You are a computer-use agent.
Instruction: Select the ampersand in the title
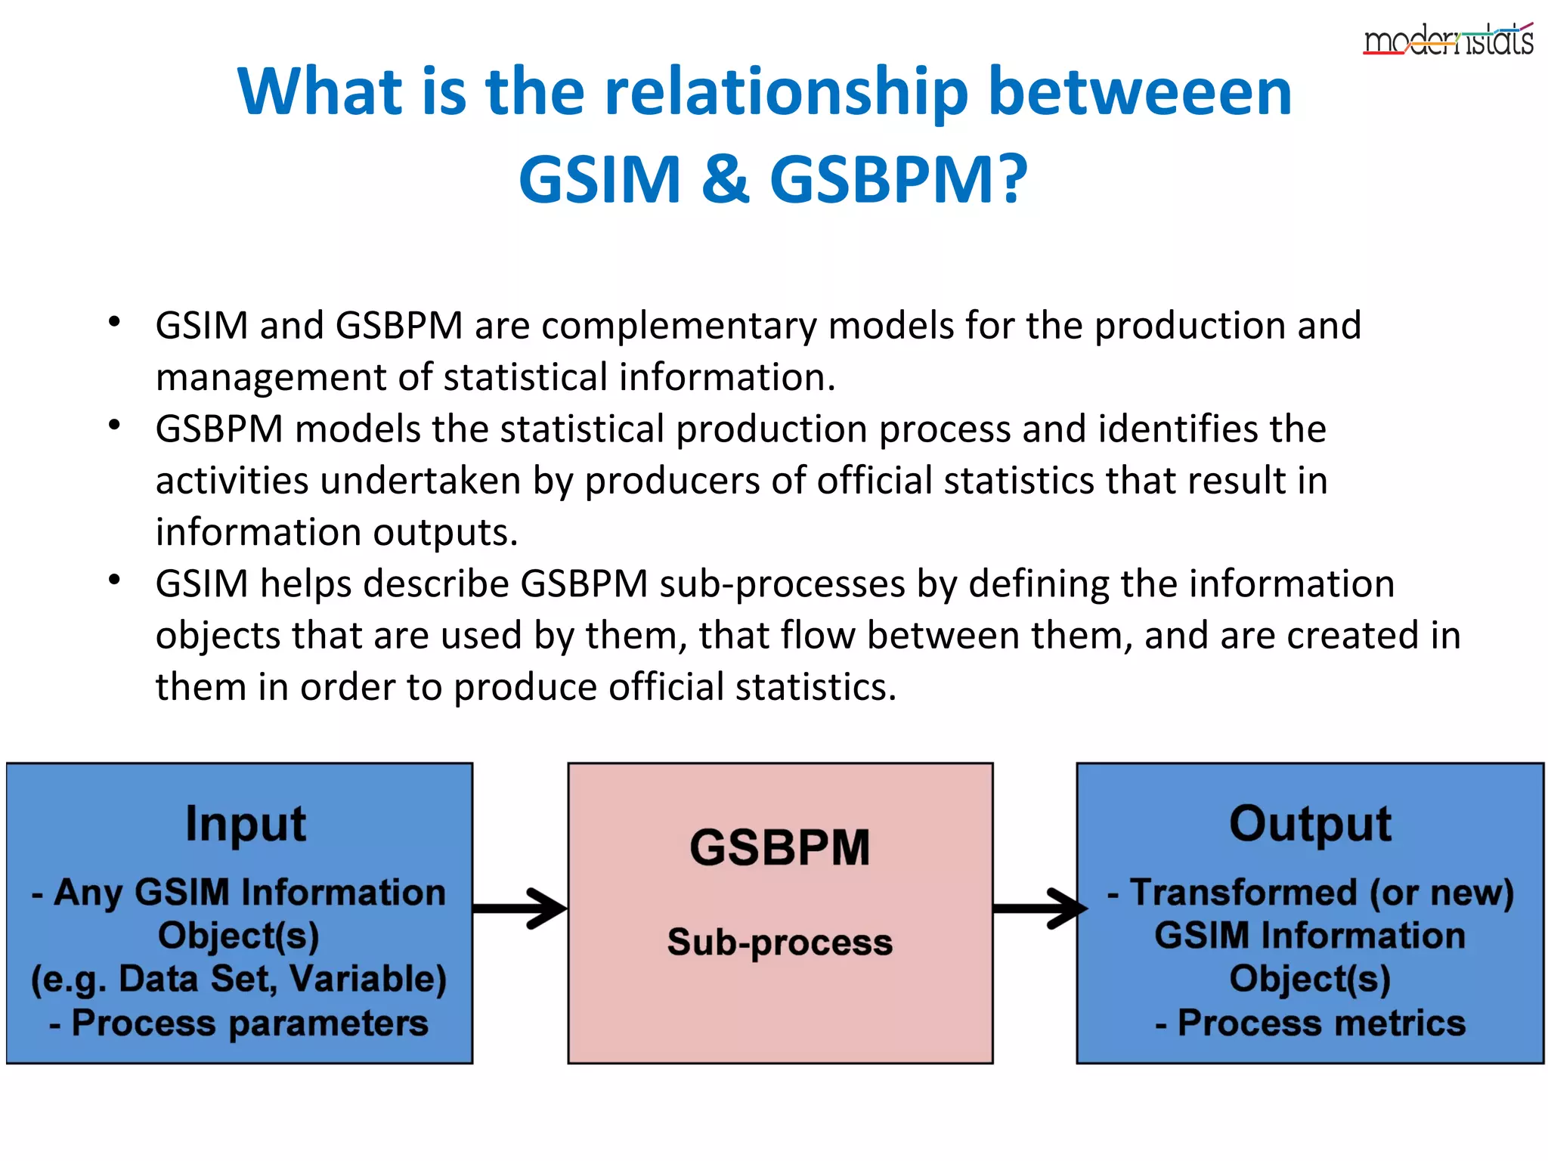(725, 180)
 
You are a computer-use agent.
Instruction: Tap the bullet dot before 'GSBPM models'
(114, 425)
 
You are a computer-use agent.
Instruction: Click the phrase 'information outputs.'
(336, 532)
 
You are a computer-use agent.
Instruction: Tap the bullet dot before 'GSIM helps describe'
(114, 580)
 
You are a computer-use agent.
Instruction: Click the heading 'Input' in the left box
(246, 823)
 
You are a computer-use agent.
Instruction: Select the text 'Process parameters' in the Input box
(249, 1023)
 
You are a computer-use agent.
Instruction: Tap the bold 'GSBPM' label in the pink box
(779, 847)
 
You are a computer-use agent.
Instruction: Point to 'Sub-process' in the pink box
(779, 943)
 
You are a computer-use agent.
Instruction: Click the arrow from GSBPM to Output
(1039, 908)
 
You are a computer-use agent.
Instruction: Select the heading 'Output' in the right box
(1310, 823)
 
